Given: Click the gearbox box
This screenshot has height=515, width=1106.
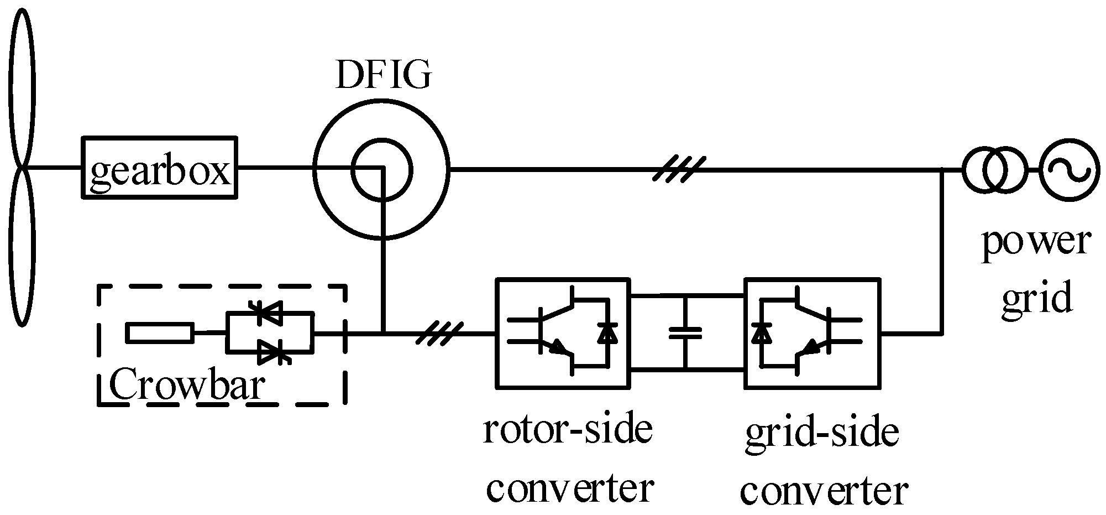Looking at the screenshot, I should point(159,167).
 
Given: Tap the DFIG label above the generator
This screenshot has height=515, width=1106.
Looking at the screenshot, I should point(382,75).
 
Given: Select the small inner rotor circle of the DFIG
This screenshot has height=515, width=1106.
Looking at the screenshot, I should point(382,170).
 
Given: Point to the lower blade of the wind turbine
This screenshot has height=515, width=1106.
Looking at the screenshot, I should point(22,249).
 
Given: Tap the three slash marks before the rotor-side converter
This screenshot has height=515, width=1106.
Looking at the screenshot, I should point(438,334).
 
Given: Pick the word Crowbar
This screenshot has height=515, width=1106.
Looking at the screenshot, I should point(186,385).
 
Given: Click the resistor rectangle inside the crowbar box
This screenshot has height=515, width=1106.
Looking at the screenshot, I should point(159,333).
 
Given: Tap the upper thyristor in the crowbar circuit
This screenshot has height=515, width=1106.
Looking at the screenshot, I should point(270,313).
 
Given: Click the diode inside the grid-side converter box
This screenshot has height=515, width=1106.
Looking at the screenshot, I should point(762,332).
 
